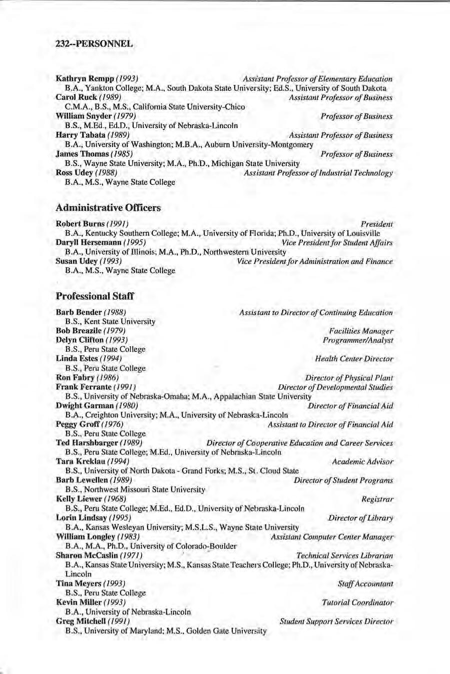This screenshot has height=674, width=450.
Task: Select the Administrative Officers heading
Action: click(x=108, y=208)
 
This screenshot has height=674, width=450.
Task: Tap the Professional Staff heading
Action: click(x=95, y=296)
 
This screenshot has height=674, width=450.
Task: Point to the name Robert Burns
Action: click(x=80, y=224)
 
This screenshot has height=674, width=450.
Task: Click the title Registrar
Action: click(x=377, y=499)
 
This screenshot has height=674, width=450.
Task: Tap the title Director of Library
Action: click(x=360, y=518)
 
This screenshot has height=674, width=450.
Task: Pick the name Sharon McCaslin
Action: click(x=87, y=555)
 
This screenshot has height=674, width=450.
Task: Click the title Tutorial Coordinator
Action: click(x=357, y=602)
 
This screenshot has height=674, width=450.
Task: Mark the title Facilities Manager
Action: click(x=361, y=331)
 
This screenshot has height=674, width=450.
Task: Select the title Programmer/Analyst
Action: click(x=358, y=340)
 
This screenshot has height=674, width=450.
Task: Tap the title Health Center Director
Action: click(x=354, y=359)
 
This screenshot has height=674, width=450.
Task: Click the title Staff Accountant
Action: click(x=365, y=583)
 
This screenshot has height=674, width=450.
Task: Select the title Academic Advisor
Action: click(x=362, y=461)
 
